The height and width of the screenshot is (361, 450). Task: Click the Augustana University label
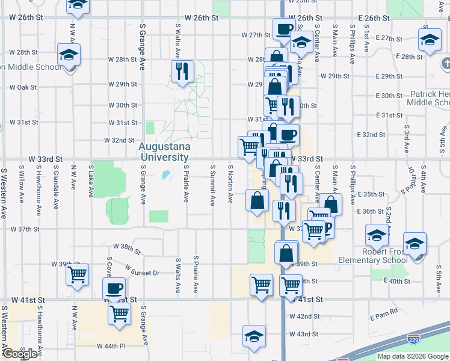pos(164,152)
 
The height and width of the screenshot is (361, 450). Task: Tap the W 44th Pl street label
pos(110,346)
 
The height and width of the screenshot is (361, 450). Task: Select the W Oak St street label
pos(23,87)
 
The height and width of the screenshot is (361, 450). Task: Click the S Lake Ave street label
pos(91,182)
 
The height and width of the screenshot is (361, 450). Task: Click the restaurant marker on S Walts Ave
pos(181,71)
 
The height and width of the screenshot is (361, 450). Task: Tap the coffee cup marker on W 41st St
pos(114,288)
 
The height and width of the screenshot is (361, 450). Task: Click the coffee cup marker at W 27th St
pos(283,28)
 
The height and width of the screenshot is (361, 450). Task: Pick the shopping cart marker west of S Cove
pos(77,274)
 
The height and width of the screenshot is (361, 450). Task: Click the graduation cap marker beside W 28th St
pos(69,54)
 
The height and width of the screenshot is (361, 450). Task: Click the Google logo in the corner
pos(19,354)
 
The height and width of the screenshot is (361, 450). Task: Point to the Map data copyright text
pos(413,356)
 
